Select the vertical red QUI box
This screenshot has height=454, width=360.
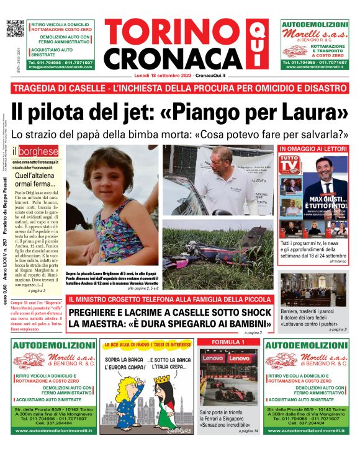[254, 44]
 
